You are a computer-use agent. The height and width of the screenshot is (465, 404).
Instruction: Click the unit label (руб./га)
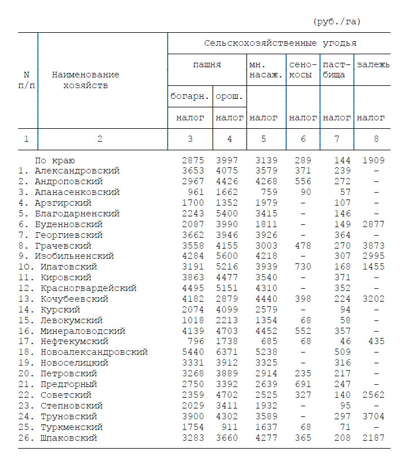[x=336, y=21]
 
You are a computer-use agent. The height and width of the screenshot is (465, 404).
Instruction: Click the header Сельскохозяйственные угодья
[x=280, y=43]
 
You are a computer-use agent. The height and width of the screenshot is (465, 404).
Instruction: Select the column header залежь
[x=373, y=64]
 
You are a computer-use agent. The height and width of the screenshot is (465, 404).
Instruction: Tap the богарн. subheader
[x=190, y=96]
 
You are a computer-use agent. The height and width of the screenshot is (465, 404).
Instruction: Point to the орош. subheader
[x=230, y=96]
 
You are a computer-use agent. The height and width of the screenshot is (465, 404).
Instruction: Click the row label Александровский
[x=77, y=171]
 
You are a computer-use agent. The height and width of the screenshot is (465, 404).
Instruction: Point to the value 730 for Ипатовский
[x=303, y=267]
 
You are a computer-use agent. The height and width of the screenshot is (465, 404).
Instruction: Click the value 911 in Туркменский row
[x=232, y=427]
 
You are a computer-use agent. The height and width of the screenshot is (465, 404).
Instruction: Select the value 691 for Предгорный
[x=303, y=384]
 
